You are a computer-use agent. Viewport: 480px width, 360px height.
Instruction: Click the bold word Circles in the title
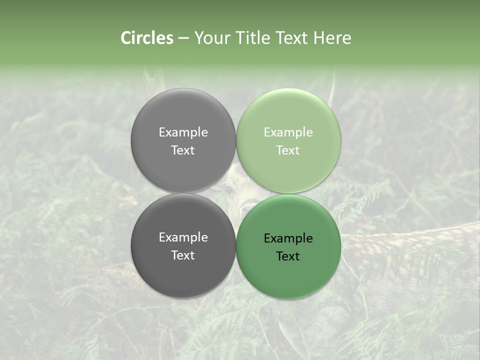click(x=147, y=38)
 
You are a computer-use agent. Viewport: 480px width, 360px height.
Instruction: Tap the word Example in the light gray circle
click(x=183, y=132)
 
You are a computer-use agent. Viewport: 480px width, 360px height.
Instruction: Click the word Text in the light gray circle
click(x=183, y=150)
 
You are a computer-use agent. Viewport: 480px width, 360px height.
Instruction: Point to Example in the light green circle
click(x=288, y=132)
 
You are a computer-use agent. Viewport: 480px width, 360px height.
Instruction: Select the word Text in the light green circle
click(x=288, y=150)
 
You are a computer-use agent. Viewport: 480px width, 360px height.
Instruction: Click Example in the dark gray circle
click(x=183, y=237)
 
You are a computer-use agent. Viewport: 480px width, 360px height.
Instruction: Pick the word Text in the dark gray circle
click(x=183, y=255)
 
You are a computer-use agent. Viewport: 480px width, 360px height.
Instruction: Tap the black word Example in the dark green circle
click(x=288, y=238)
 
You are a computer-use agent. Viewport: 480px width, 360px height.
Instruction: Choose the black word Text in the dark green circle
click(x=288, y=256)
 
